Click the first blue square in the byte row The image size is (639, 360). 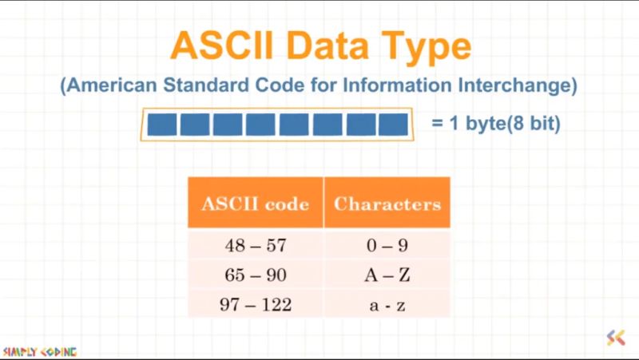(x=162, y=125)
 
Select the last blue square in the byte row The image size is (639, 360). (x=392, y=125)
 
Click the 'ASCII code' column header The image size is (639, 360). (x=256, y=204)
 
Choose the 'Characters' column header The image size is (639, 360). (x=387, y=204)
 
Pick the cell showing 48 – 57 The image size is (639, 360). (x=256, y=246)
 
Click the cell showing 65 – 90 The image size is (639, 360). (x=256, y=275)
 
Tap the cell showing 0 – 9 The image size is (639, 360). (x=387, y=246)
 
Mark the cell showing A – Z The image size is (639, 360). (x=387, y=275)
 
